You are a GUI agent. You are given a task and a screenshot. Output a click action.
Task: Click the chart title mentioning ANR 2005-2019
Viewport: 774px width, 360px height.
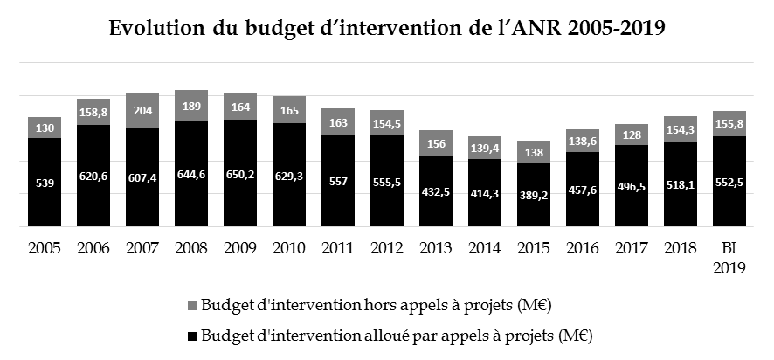click(x=387, y=28)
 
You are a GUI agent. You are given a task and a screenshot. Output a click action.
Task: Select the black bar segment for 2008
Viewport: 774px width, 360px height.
click(x=191, y=175)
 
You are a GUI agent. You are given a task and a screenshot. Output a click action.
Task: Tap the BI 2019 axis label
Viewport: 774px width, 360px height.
click(x=729, y=258)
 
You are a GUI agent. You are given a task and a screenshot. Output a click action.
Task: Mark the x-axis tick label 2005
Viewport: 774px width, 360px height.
click(x=45, y=248)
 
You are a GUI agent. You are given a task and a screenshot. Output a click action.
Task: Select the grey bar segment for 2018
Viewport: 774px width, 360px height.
click(x=681, y=129)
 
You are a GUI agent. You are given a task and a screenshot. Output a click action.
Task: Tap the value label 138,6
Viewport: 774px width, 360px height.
click(x=583, y=140)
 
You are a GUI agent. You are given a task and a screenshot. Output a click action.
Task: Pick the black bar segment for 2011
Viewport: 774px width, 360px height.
click(x=338, y=182)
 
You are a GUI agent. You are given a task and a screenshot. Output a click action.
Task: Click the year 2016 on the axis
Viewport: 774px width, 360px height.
click(x=583, y=248)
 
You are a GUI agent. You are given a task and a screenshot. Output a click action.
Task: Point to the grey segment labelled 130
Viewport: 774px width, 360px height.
click(x=45, y=128)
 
